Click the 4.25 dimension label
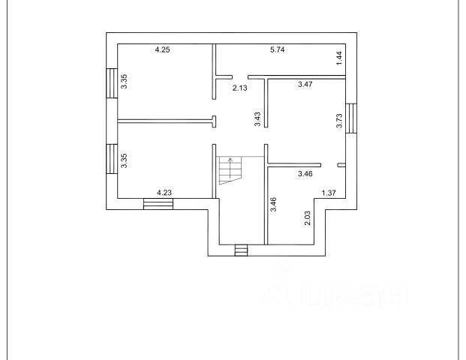163,50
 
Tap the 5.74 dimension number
279,50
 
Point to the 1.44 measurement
339,56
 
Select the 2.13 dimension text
239,88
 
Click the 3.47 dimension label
305,85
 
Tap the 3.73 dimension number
339,121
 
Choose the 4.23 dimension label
164,193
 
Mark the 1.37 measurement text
329,193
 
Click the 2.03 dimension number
308,218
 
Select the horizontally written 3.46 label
305,174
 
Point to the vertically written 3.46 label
274,204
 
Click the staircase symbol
229,170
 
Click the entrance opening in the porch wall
241,250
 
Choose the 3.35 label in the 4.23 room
125,161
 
